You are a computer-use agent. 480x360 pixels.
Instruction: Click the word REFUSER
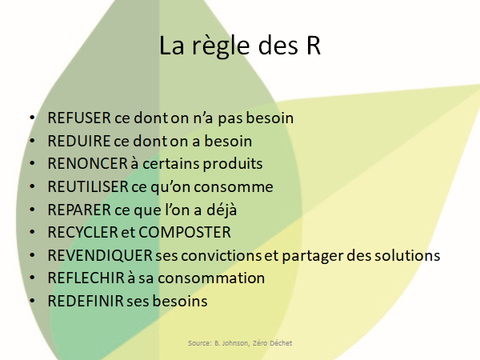coord(79,118)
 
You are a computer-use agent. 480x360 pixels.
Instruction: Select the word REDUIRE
coord(78,141)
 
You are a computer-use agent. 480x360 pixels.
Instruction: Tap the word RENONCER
coord(87,163)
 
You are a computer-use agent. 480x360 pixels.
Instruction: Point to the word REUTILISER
coord(87,186)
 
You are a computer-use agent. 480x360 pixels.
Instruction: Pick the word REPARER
coord(79,210)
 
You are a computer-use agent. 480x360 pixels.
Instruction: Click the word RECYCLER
coord(82,232)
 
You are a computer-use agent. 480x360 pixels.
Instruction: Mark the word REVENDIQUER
coord(100,255)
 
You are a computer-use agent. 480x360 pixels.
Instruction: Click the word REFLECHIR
coord(86,278)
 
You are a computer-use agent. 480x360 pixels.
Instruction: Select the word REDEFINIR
coord(86,301)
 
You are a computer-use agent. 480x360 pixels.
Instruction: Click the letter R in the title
coord(313,46)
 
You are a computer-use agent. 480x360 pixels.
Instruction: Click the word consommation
coord(211,278)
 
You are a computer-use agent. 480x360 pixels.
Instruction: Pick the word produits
coord(233,164)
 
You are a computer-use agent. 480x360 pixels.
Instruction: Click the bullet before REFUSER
coord(32,118)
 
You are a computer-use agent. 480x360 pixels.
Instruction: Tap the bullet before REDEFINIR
coord(32,301)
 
